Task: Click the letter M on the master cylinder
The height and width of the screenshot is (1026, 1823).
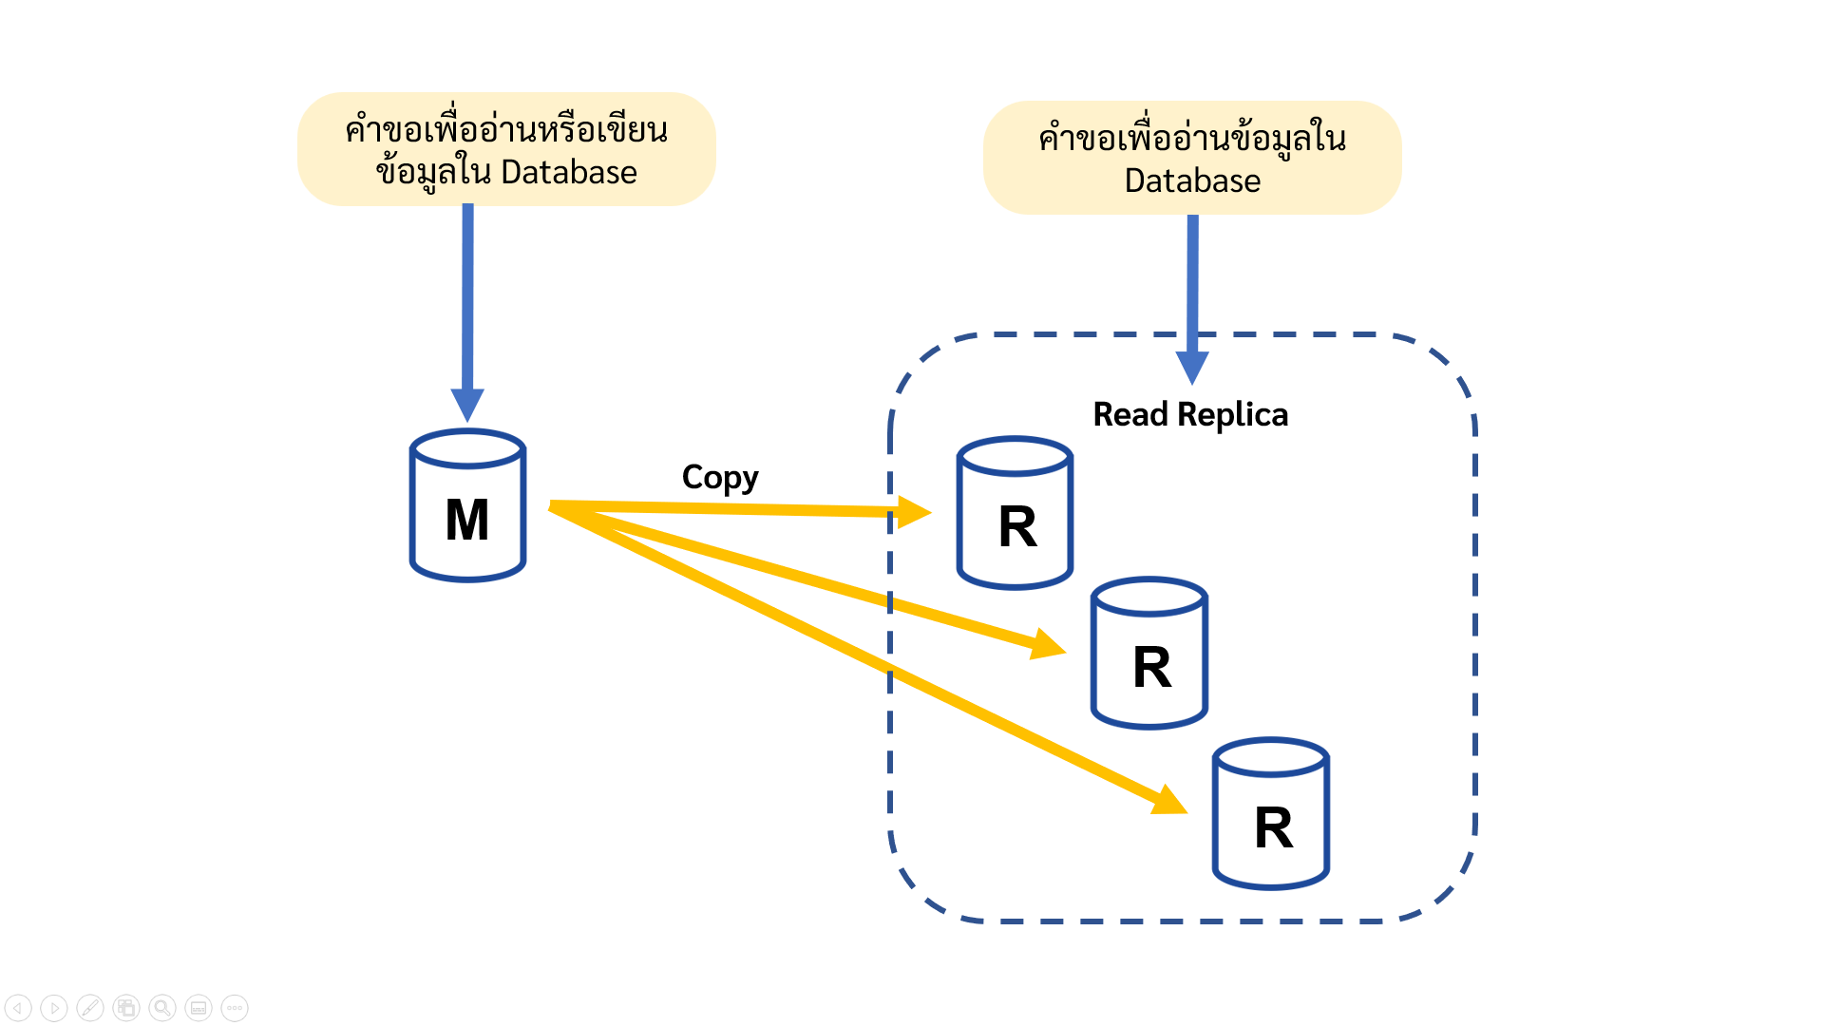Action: pos(467,521)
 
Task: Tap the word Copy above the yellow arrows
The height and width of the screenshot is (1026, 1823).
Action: pos(719,477)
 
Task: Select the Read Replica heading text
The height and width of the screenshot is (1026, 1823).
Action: pos(1190,415)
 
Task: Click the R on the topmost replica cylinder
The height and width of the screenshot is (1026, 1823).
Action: pos(1017,527)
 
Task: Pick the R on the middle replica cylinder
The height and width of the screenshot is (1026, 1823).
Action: pos(1152,668)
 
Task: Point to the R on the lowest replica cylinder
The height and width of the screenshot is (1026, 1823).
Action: pos(1274,828)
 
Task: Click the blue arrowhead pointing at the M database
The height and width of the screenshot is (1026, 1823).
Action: pos(467,404)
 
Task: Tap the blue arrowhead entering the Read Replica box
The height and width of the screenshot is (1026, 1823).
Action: pos(1192,367)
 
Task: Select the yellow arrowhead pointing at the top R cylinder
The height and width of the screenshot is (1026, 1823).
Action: pos(914,513)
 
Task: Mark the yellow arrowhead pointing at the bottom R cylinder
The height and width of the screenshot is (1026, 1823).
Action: pos(1169,801)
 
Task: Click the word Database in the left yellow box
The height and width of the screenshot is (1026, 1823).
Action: pos(568,173)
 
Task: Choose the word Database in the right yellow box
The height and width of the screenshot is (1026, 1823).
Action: pos(1192,181)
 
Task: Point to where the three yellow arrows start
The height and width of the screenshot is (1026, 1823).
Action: pos(556,506)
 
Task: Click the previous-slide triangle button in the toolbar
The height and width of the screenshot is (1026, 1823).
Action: pos(18,1008)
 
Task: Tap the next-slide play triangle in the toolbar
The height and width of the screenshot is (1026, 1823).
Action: pos(54,1008)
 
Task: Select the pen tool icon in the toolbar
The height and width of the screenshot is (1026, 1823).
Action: pos(90,1008)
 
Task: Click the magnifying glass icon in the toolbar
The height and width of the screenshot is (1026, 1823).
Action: pos(162,1008)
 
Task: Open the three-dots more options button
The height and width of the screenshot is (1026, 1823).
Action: pos(235,1008)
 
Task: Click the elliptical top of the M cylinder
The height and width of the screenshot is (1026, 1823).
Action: pos(467,449)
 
